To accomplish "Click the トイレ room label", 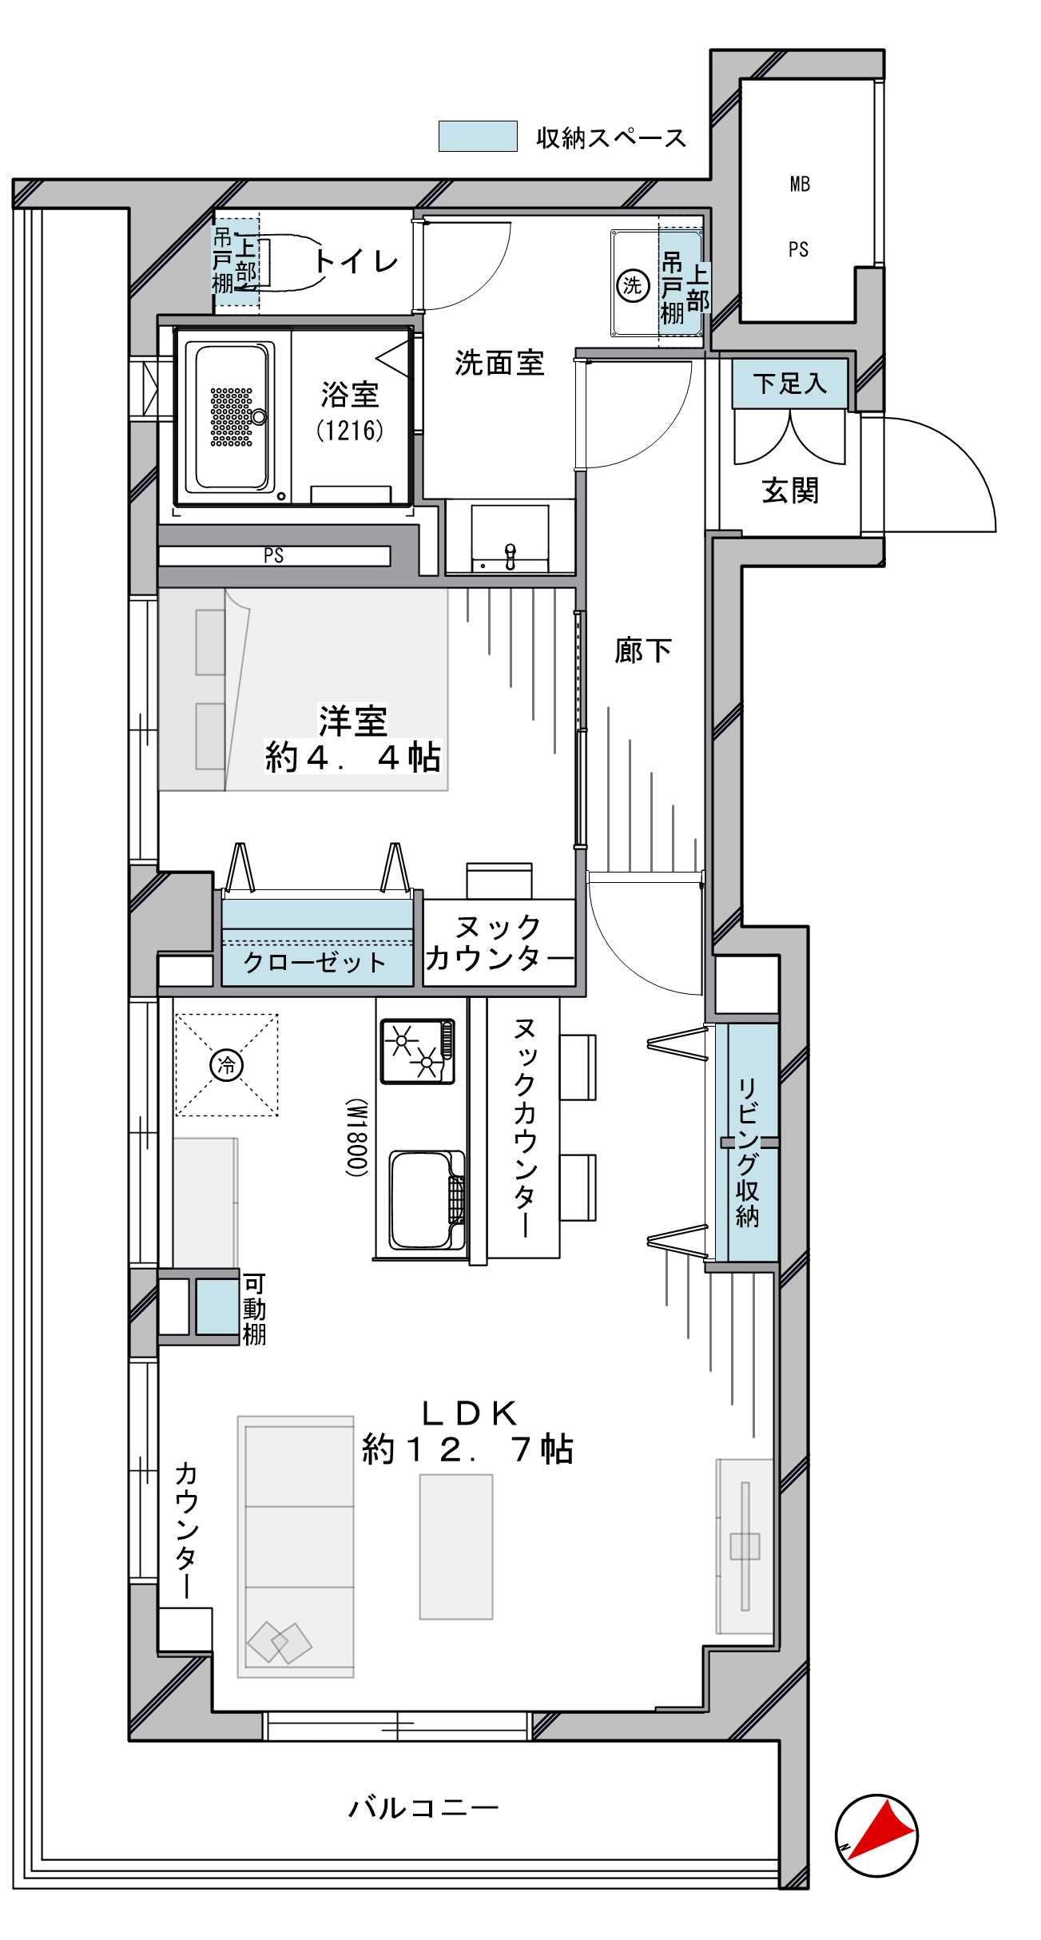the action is pos(356,261).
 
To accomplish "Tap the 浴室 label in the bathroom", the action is pos(350,394).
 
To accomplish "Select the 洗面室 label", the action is pos(499,364).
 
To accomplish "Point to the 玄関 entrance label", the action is pos(790,491).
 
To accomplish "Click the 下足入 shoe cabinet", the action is pos(789,384).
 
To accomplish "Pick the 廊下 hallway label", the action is pos(643,650).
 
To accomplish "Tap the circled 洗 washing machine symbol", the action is pos(632,285).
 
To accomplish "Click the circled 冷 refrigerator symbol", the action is pos(227,1064).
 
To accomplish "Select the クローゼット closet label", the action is pos(315,962).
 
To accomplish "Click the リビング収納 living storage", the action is pos(748,1143).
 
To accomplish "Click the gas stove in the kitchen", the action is pos(418,1051).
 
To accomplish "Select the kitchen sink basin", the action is pos(427,1200).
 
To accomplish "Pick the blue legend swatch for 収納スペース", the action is pos(478,136).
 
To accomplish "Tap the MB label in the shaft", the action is pos(800,185).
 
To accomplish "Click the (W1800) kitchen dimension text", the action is pos(357,1138).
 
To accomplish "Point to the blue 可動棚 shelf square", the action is pos(217,1307).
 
